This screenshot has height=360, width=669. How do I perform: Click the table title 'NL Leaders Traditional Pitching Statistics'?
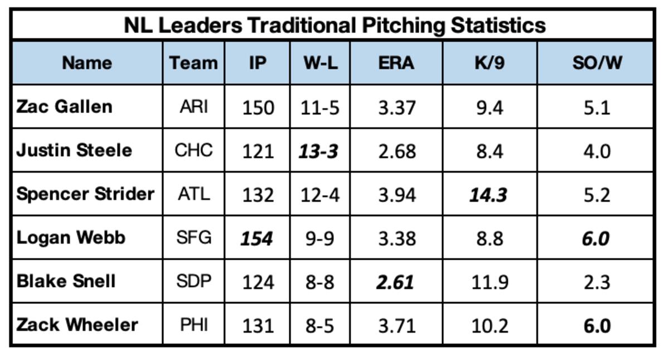tap(334, 25)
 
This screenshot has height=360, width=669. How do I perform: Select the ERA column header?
tap(396, 63)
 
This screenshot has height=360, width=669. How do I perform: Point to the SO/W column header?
tap(597, 63)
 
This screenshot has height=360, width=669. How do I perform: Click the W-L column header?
tap(320, 63)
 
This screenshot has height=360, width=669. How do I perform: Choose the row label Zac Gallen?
tap(64, 106)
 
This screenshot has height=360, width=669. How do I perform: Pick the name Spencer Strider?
tap(85, 194)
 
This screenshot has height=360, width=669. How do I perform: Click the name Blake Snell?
tap(66, 281)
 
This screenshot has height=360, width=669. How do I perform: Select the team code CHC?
tap(193, 150)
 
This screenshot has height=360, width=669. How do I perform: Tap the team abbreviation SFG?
tap(193, 238)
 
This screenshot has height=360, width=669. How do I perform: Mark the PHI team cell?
tap(193, 325)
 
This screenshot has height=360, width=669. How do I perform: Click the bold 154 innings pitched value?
tap(257, 239)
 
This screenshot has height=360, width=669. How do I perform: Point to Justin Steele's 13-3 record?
tap(319, 151)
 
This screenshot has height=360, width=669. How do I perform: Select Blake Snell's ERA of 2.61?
tap(395, 282)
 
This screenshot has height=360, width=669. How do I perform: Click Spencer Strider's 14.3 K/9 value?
tap(488, 195)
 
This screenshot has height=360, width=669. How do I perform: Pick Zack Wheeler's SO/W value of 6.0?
tap(597, 325)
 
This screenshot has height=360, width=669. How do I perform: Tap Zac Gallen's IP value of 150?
tap(258, 107)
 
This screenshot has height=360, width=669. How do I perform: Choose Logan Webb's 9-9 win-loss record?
tap(319, 239)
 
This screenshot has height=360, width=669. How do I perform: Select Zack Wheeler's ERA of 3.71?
tap(396, 325)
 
